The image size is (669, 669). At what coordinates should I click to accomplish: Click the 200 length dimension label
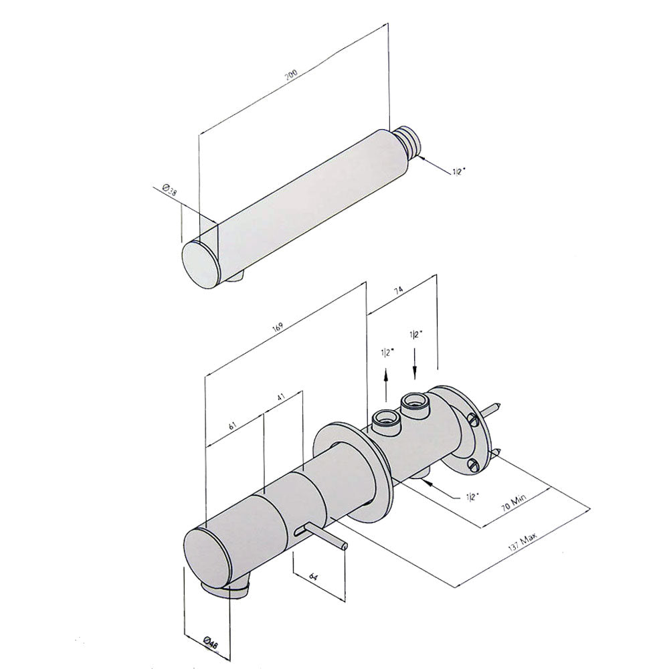[x=292, y=74]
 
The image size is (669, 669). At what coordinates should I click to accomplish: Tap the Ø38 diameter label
[x=170, y=190]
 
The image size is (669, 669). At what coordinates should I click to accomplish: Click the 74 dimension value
[x=398, y=291]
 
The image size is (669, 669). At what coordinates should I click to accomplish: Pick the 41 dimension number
[x=281, y=396]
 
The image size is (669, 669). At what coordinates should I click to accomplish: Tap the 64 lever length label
[x=314, y=577]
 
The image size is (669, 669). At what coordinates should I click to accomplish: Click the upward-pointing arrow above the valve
[x=386, y=385]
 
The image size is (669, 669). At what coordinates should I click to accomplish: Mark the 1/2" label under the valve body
[x=473, y=496]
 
